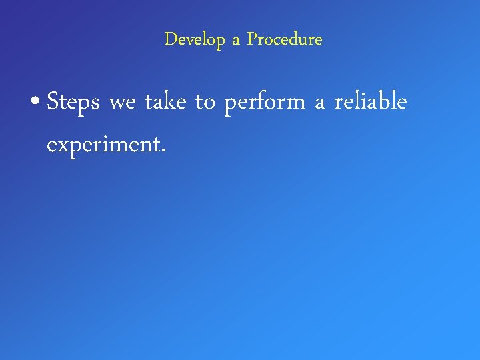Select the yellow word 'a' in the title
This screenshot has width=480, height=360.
click(x=235, y=41)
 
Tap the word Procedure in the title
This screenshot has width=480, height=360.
click(x=285, y=40)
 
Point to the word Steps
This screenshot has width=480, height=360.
click(x=73, y=103)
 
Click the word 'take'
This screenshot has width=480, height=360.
click(x=165, y=103)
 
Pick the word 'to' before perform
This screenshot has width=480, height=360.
click(x=205, y=103)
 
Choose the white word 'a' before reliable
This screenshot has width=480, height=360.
click(x=319, y=105)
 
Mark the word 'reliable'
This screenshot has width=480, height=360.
click(x=370, y=102)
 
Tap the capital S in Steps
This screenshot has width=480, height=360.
click(x=54, y=102)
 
